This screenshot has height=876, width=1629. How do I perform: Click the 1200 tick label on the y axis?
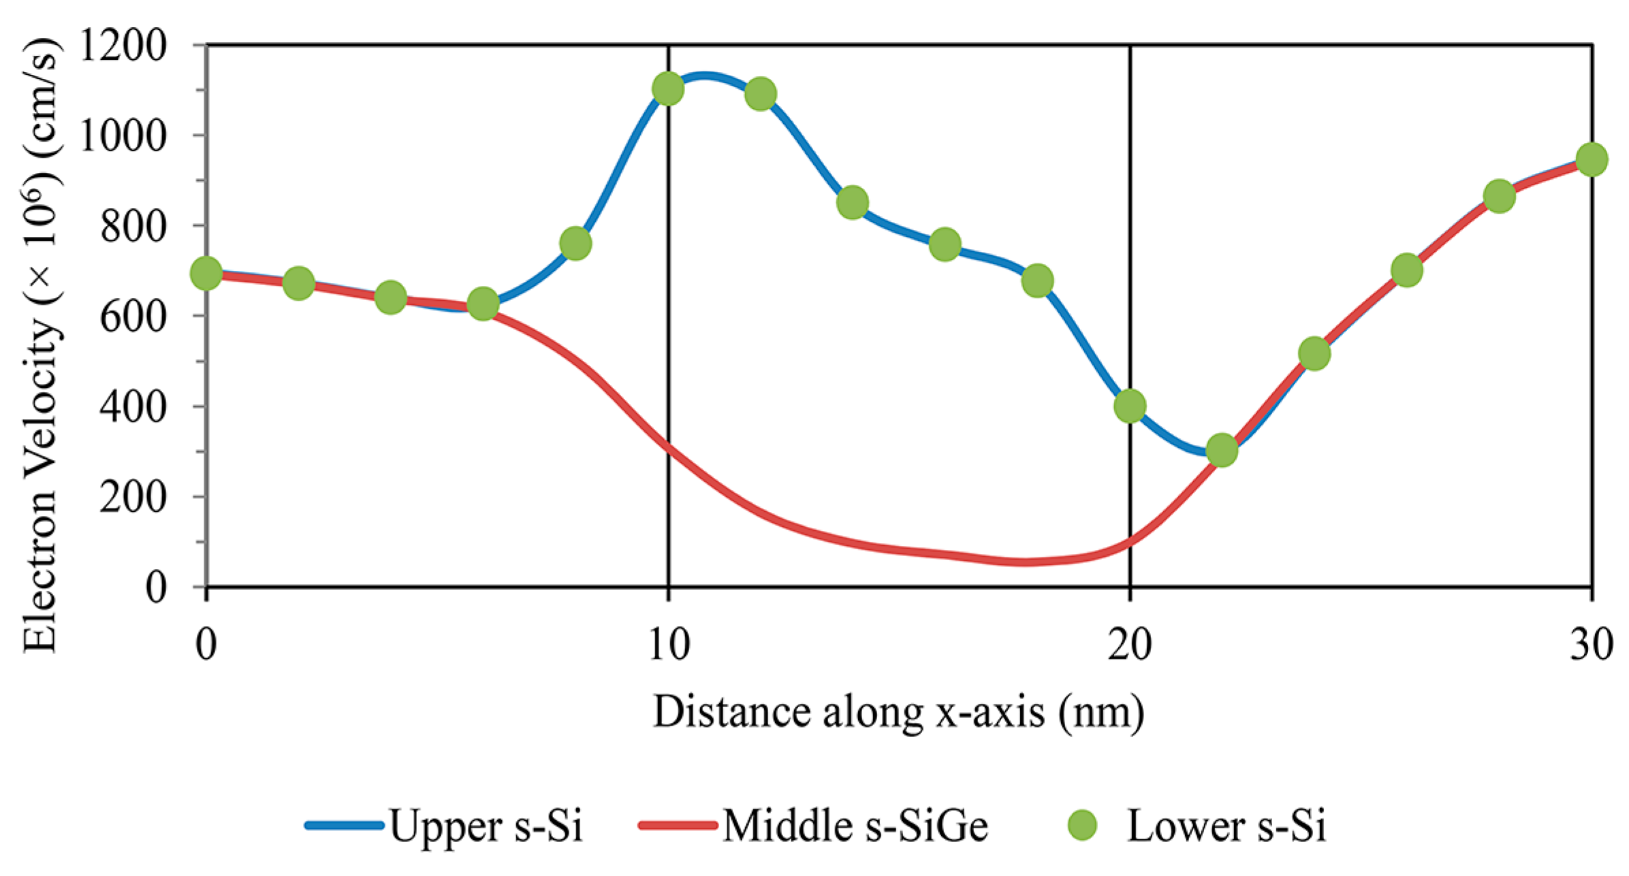123,46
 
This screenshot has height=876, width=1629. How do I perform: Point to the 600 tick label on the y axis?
133,317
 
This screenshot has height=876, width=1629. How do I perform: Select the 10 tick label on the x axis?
668,643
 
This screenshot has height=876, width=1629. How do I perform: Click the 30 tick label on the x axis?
1591,643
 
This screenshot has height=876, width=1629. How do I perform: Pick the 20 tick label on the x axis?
1129,643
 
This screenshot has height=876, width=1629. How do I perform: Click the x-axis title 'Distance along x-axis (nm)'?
898,712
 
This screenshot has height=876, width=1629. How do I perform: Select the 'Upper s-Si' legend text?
486,826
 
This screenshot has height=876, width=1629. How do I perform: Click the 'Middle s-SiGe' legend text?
855,826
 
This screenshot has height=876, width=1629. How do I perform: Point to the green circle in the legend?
1081,825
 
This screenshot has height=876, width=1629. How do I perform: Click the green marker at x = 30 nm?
1592,160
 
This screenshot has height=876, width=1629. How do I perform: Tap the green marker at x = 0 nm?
206,274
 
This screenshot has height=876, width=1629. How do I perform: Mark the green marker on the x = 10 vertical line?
668,89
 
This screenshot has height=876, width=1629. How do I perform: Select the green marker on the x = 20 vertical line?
1130,406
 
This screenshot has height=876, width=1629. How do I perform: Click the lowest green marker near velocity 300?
1222,450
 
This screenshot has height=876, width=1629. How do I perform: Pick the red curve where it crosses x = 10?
669,447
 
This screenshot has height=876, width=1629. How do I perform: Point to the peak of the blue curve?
705,77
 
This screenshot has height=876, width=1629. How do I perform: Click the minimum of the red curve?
1025,562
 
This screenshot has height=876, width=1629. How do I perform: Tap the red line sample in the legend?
678,826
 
